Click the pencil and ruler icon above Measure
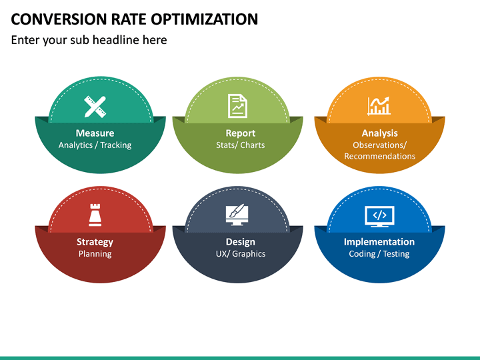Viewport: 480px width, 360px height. pos(95,106)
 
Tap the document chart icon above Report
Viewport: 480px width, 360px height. pos(237,105)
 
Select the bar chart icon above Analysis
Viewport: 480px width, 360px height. pos(379,105)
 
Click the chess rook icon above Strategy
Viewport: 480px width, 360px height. pos(95,215)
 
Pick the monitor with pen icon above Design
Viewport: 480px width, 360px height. pos(237,214)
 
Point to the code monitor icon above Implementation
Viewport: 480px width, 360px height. pos(379,215)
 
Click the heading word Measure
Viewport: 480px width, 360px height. pos(95,133)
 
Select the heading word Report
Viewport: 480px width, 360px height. pos(240,133)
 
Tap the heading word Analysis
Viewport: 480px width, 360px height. pos(379,133)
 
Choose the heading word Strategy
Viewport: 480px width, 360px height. pos(95,242)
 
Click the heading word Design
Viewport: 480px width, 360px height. pos(240,242)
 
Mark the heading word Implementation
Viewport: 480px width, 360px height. pos(379,242)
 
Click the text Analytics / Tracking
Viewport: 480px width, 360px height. pos(95,145)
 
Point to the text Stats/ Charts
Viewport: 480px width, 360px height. pos(240,145)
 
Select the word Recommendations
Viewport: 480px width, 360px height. pos(379,156)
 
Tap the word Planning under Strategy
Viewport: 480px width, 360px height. pos(95,254)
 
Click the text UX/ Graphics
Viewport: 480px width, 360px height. pos(240,254)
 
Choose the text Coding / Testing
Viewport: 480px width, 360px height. pos(379,254)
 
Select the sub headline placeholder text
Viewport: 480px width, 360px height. pos(89,40)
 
